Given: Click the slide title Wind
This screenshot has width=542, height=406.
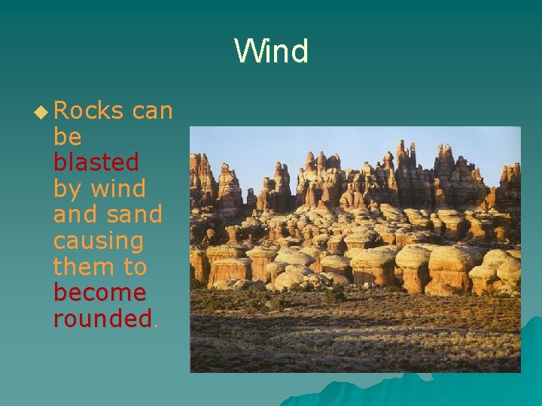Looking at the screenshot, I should tap(271, 52).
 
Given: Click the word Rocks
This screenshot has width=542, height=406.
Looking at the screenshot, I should tap(88, 111).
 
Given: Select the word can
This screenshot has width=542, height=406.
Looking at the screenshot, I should tap(152, 111).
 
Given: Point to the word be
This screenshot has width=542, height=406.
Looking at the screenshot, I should tap(67, 138).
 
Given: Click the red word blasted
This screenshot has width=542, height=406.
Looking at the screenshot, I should tap(96, 163).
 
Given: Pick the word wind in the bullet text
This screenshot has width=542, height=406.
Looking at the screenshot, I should tap(118, 189).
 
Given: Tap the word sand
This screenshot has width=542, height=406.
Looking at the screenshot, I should tap(135, 215).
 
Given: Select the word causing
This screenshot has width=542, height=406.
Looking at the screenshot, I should tap(98, 242).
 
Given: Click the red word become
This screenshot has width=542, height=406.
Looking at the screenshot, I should tap(99, 292).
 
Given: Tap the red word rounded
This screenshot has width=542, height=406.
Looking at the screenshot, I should tap(102, 319).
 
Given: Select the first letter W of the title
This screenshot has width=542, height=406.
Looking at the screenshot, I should tap(246, 52).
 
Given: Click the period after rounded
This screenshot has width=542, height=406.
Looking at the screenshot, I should tap(155, 326).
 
